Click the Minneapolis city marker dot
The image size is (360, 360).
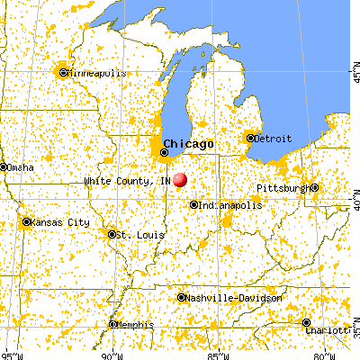click(x=63, y=73)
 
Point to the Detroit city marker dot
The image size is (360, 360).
click(x=250, y=138)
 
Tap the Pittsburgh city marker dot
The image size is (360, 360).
click(x=314, y=188)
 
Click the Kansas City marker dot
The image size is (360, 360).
click(x=27, y=221)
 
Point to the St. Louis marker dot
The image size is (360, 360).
click(x=112, y=235)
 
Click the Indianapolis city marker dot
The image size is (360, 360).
click(x=193, y=205)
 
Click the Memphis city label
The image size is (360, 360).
click(x=135, y=324)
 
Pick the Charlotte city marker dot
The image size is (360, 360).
click(x=307, y=322)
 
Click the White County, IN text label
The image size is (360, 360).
click(x=127, y=181)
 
